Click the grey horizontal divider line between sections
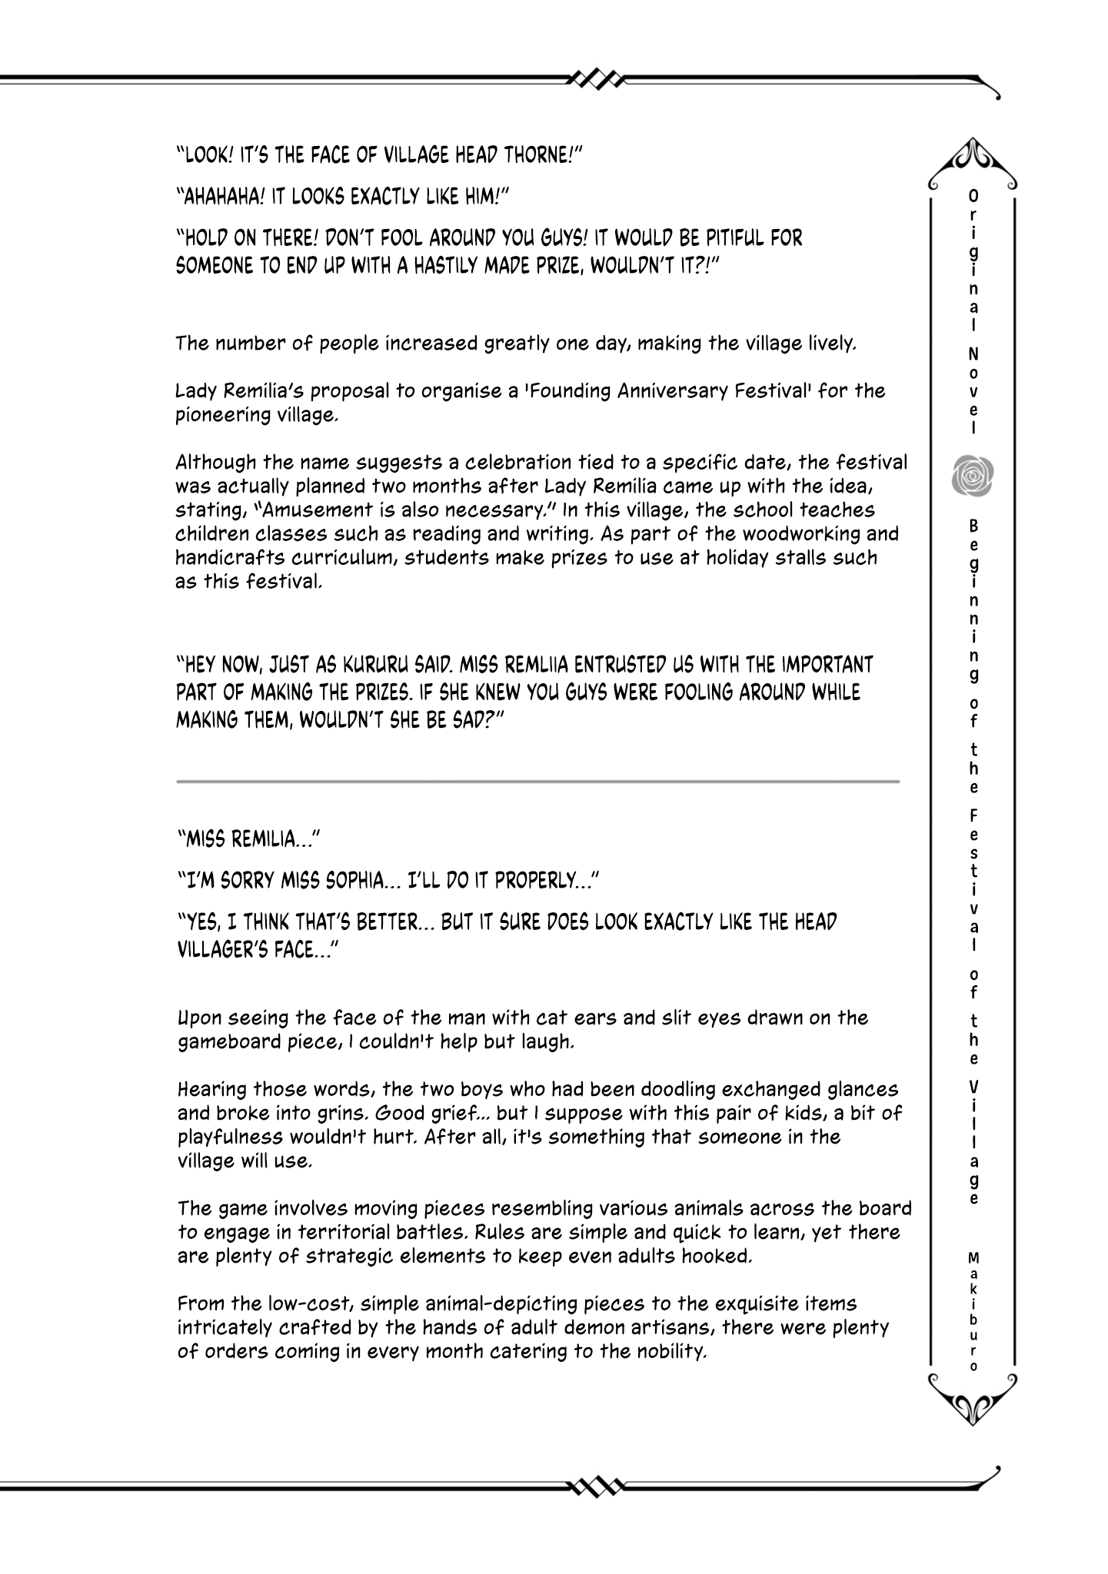point(537,782)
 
